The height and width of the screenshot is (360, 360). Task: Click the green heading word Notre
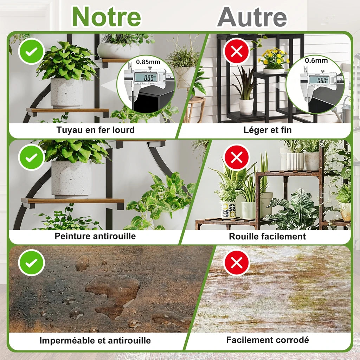click(x=107, y=17)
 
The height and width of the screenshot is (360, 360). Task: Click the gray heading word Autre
click(x=252, y=17)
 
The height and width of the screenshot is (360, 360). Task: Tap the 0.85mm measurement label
click(x=148, y=62)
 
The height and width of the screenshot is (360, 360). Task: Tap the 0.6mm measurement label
click(x=316, y=60)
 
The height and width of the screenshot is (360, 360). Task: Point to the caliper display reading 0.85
click(x=146, y=77)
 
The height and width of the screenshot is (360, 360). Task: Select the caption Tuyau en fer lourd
click(x=96, y=130)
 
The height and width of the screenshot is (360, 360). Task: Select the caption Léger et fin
click(x=268, y=130)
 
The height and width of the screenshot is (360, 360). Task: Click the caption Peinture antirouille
click(x=95, y=236)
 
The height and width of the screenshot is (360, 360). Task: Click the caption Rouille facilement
click(x=267, y=237)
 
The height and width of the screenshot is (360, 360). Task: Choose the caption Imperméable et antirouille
click(x=95, y=340)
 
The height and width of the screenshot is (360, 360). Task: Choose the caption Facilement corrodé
click(x=268, y=340)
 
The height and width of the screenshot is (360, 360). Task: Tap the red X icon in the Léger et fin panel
click(x=237, y=51)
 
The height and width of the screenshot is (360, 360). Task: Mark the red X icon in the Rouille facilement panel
click(x=237, y=157)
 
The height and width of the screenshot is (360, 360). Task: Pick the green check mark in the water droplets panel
click(x=31, y=263)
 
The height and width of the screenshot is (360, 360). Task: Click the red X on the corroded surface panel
click(x=237, y=262)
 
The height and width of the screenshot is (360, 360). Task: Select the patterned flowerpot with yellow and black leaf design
click(x=228, y=210)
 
